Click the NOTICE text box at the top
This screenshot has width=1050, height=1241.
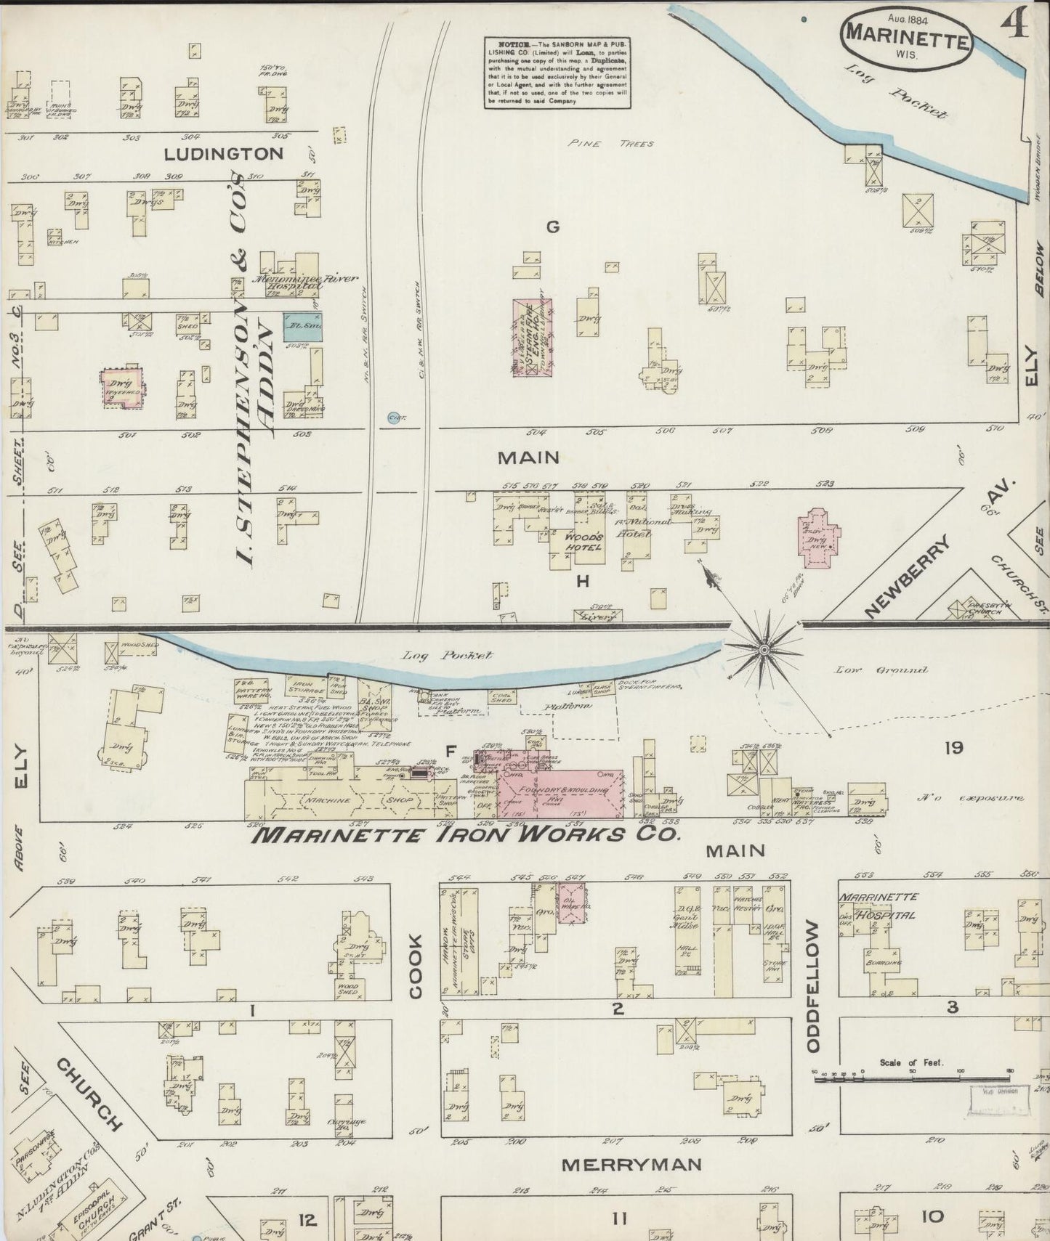(x=557, y=73)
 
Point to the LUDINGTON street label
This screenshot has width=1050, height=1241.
(x=223, y=154)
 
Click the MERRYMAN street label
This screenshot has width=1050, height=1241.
(x=631, y=1164)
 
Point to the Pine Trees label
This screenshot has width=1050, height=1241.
(x=612, y=144)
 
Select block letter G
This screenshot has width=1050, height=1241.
(x=553, y=227)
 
